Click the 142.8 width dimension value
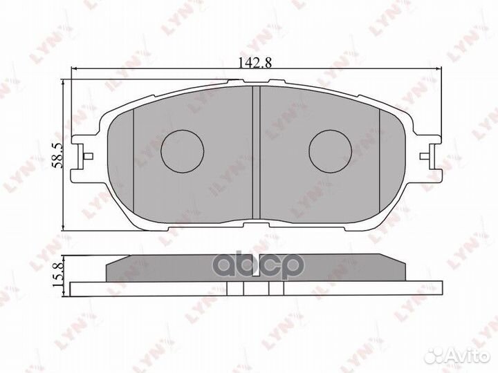point(255,61)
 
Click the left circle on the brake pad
point(183,151)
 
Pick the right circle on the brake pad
point(331,151)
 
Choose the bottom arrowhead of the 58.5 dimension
point(64,228)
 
